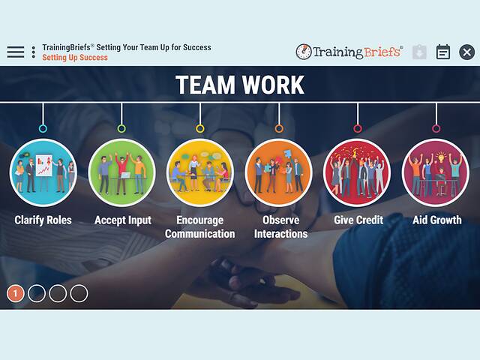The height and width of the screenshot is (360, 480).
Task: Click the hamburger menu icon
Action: (16, 52)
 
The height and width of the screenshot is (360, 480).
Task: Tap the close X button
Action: (466, 52)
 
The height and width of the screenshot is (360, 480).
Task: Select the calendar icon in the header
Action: (443, 52)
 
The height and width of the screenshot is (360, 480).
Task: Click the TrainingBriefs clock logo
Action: (304, 52)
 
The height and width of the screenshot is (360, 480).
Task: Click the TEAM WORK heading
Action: (240, 85)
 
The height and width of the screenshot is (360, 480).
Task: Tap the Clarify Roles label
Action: (43, 220)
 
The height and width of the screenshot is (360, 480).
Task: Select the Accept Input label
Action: (122, 220)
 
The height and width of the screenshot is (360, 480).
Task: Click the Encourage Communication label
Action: (200, 226)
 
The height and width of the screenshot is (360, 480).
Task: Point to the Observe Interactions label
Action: (280, 226)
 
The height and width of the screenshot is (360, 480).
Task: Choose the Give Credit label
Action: (358, 220)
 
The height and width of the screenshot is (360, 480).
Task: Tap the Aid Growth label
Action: (437, 220)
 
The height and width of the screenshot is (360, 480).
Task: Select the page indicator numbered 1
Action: (16, 293)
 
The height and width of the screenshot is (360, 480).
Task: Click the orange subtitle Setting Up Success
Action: (75, 58)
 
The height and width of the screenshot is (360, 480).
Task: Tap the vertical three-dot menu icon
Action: (34, 52)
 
